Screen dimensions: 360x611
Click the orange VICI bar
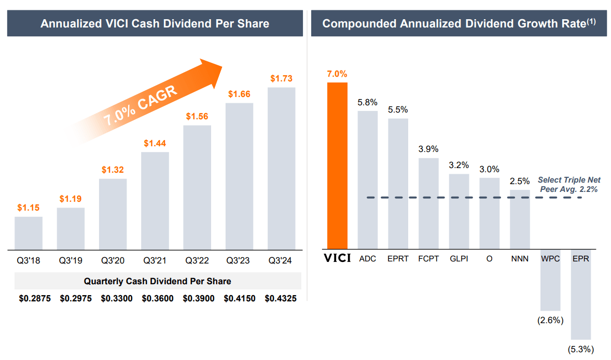(x=337, y=165)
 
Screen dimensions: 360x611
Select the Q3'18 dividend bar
(x=29, y=233)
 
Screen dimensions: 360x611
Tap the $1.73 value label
(x=281, y=79)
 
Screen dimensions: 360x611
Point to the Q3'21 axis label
(x=155, y=260)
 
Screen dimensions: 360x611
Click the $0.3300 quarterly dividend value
(x=117, y=299)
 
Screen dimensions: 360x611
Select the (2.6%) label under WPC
(x=550, y=320)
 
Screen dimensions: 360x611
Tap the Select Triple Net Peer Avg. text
(x=568, y=185)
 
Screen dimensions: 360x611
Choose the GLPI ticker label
(x=459, y=258)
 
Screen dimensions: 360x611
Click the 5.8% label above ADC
(x=367, y=102)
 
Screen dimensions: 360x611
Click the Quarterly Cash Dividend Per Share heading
(x=157, y=281)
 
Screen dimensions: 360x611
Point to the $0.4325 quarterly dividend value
(x=281, y=299)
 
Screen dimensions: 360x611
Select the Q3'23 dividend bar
(x=239, y=176)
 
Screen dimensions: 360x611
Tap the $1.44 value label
(x=155, y=143)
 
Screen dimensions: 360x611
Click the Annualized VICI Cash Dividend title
(x=155, y=23)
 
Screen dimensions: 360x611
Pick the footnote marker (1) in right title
(x=591, y=21)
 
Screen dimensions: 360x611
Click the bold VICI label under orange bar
(x=337, y=258)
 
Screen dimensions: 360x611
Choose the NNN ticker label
(x=520, y=258)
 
